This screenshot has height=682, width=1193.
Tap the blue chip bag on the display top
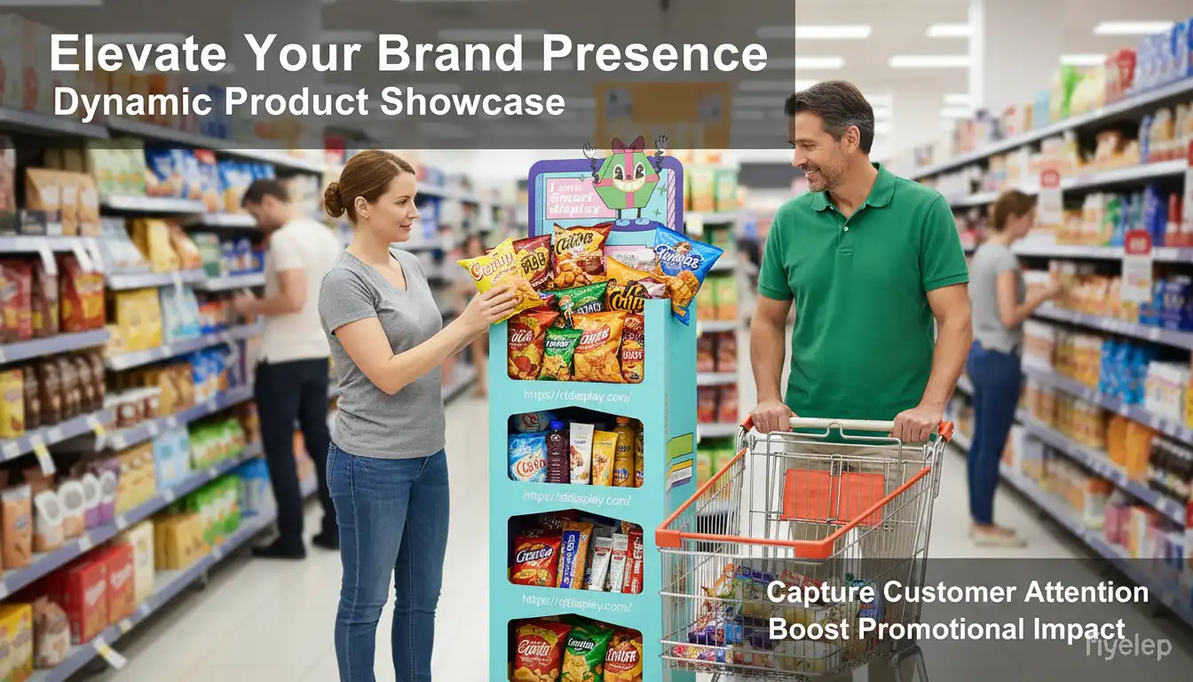click(x=686, y=267)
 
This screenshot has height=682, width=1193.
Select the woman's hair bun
click(x=333, y=200)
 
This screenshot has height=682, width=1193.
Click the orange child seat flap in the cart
click(x=821, y=494)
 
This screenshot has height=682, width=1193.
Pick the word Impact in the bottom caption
click(x=1078, y=629)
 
